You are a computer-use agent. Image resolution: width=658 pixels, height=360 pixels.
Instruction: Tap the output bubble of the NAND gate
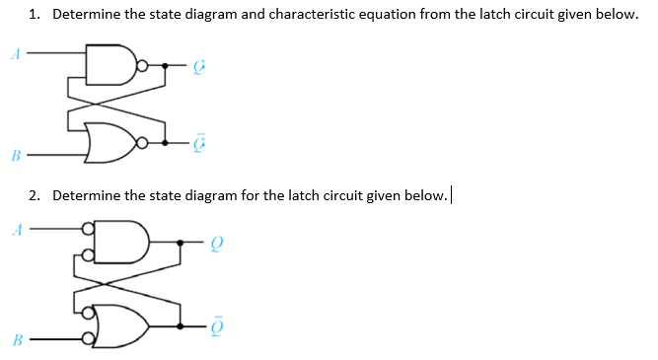tap(143, 66)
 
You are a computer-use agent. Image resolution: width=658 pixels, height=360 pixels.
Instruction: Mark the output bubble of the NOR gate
tap(143, 144)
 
